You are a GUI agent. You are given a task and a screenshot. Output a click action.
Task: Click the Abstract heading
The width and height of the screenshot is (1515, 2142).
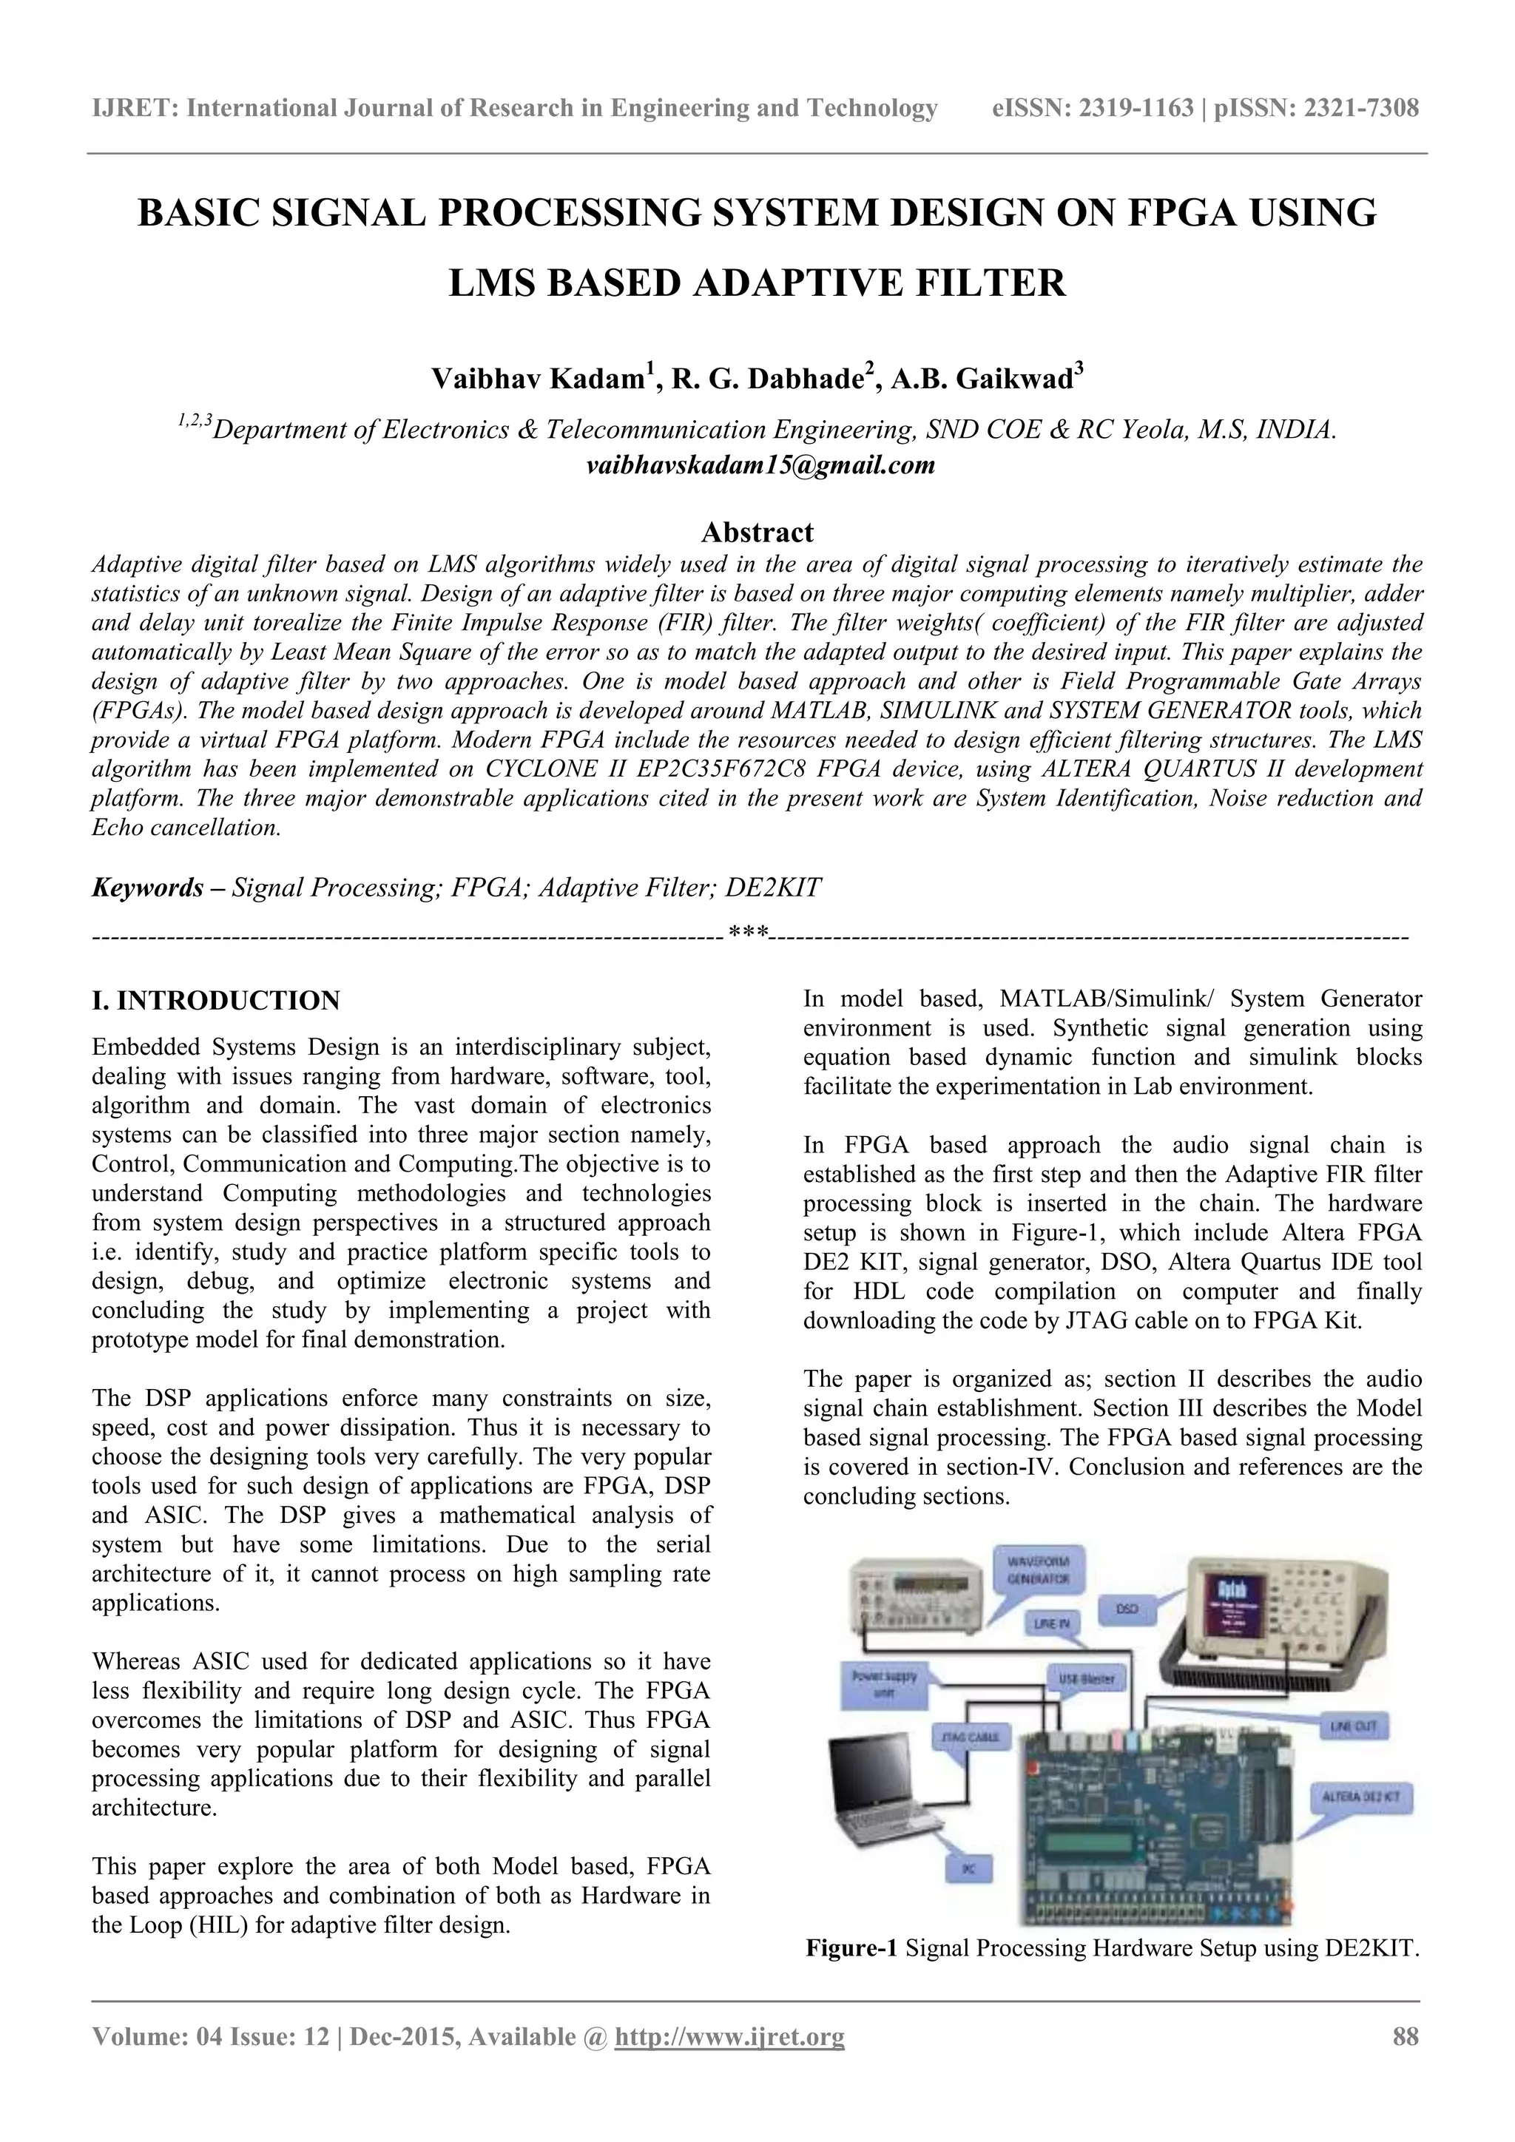pos(757,533)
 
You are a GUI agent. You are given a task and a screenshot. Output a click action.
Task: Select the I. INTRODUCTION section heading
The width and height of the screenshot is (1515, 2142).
pos(215,1001)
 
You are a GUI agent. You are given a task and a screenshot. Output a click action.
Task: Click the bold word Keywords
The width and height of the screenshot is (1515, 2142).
pos(147,888)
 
